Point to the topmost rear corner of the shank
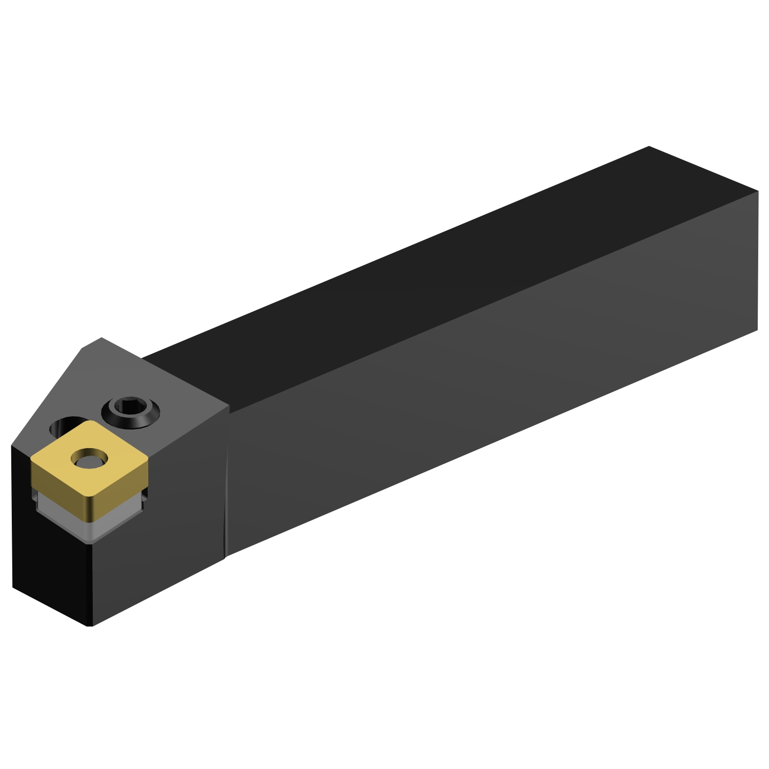649,147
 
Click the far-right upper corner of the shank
757,192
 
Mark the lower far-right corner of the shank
757,330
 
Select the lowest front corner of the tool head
90,625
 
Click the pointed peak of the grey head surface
101,338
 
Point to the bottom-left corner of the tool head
13,586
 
